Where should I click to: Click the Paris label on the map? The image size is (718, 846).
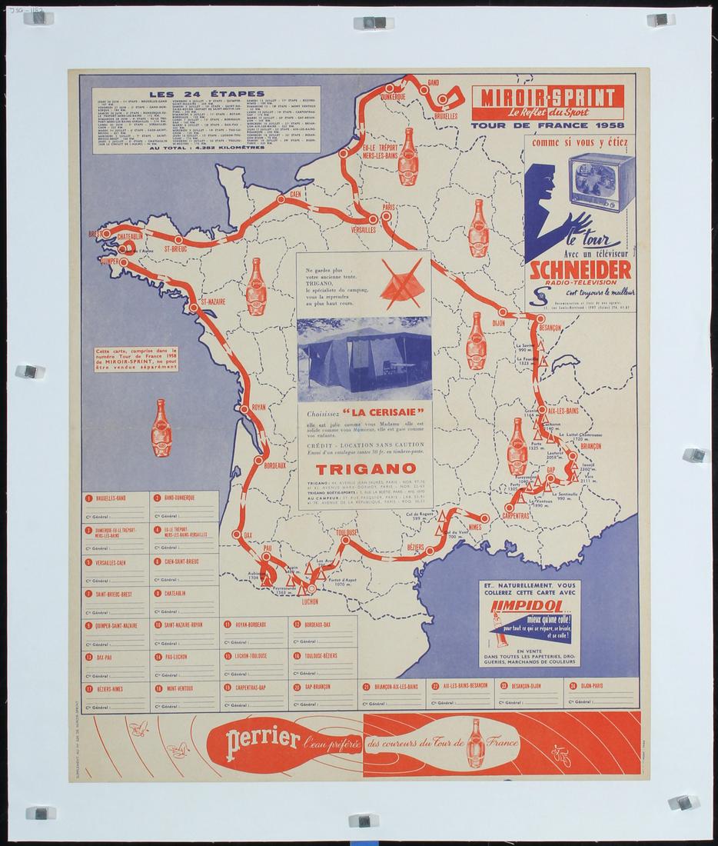point(389,207)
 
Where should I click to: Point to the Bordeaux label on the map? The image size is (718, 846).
point(274,465)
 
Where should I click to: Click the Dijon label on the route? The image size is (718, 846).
point(498,323)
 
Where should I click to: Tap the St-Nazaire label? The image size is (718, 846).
point(213,301)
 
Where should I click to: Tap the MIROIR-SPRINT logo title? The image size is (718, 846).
point(547,97)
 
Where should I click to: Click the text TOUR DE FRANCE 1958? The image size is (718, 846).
point(547,125)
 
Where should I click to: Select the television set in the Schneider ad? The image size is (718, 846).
point(602,182)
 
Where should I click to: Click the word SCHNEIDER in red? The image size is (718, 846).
point(580,269)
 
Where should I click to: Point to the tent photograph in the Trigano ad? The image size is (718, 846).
point(364,358)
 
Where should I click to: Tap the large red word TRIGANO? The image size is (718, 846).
point(365,468)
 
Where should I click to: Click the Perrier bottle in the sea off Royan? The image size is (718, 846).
point(161,428)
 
